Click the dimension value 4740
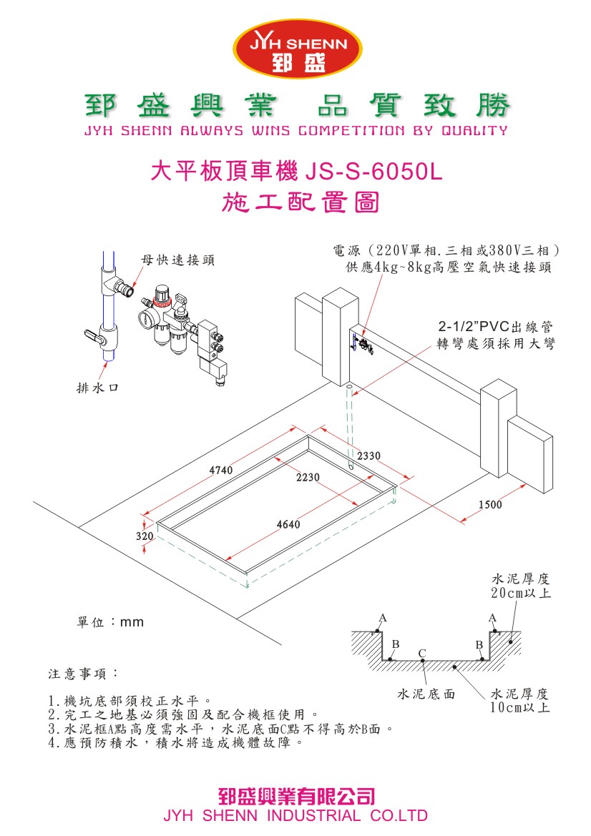[220, 470]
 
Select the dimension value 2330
[369, 456]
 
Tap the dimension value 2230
[308, 477]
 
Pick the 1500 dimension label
[491, 505]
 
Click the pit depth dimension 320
[145, 535]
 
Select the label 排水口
[97, 388]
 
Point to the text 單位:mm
[110, 622]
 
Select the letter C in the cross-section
[422, 653]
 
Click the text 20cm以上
[520, 593]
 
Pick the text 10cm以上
[520, 707]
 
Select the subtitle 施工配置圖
[301, 202]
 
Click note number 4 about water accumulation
[171, 743]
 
